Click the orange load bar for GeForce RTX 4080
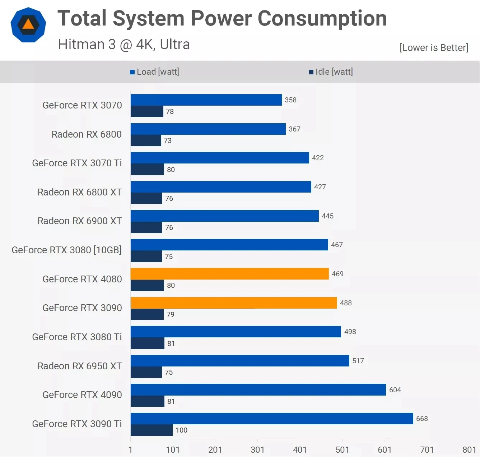pos(230,274)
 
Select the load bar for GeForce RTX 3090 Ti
pos(272,419)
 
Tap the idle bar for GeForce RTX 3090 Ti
pos(152,430)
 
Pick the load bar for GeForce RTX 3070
pos(206,100)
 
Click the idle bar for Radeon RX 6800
pos(146,140)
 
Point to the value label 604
pos(395,390)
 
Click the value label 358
pos(290,100)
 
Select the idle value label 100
pos(181,430)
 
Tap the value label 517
pos(358,361)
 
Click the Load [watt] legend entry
pos(155,72)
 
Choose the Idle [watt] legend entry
pos(331,72)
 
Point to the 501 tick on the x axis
pos(342,449)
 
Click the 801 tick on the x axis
pos(469,449)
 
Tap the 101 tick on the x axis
pos(173,449)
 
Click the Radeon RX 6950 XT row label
pos(80,366)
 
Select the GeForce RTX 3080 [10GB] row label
pos(67,250)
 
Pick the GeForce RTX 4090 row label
pos(82,395)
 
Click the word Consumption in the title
pos(322,18)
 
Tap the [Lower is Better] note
pos(434,48)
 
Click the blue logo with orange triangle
pos(28,25)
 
